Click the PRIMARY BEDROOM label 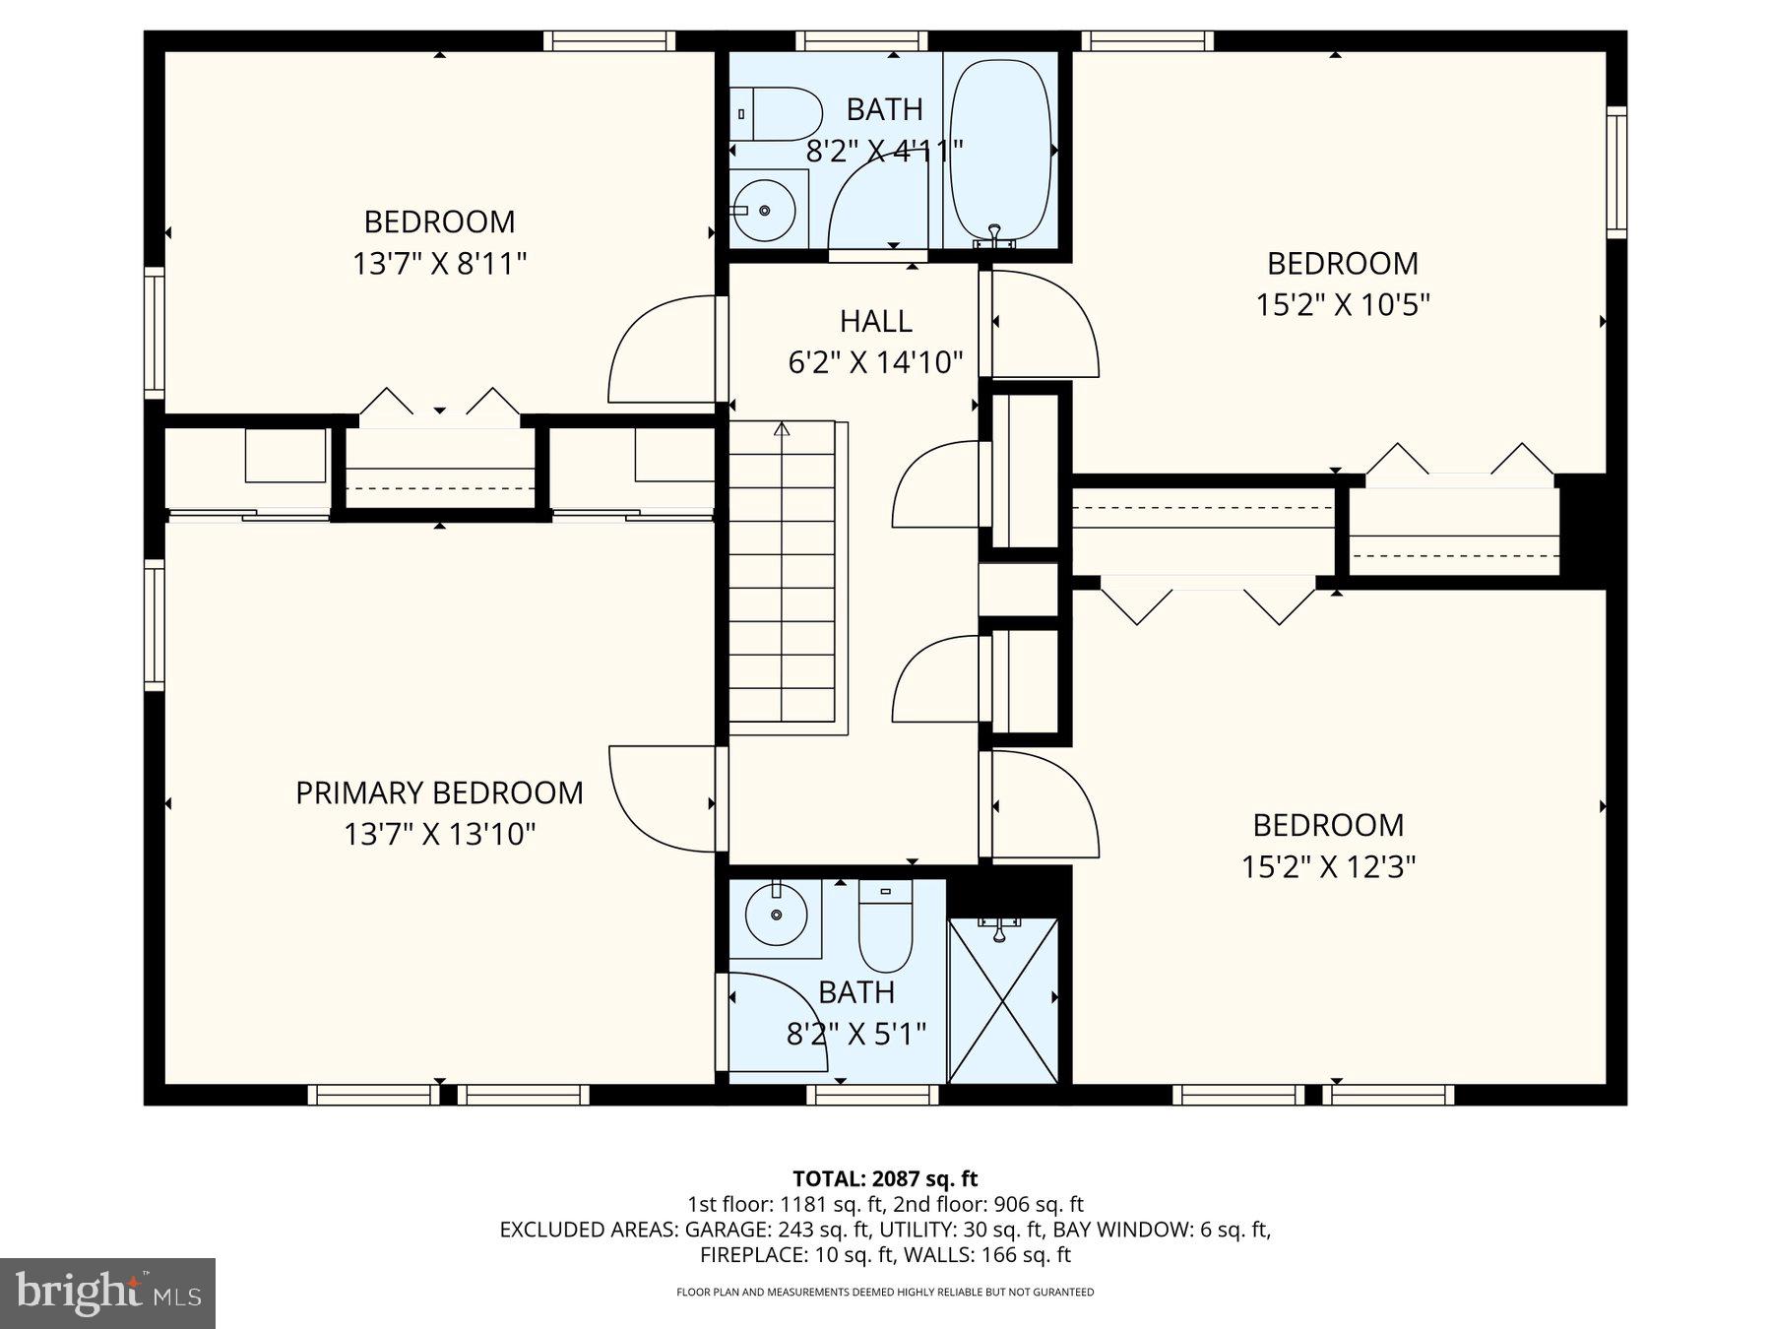tap(439, 792)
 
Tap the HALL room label tap(875, 321)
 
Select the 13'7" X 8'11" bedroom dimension tap(439, 264)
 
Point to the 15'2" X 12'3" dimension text tap(1328, 866)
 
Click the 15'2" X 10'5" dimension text tap(1342, 305)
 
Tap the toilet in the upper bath tap(776, 114)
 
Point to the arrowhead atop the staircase tap(782, 428)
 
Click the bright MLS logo tap(108, 1293)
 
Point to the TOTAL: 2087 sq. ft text tap(885, 1178)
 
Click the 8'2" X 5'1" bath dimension tap(856, 1034)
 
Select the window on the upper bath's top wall tap(861, 40)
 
